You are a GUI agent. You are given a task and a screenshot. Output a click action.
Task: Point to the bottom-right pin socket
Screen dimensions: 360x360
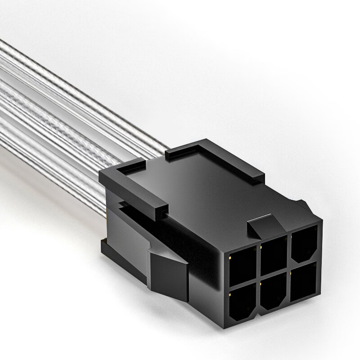coord(303,283)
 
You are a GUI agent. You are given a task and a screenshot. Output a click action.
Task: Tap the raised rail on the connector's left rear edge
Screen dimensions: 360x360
coord(135,189)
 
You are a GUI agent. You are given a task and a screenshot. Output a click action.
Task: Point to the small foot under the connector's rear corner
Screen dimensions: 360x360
coord(104,246)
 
